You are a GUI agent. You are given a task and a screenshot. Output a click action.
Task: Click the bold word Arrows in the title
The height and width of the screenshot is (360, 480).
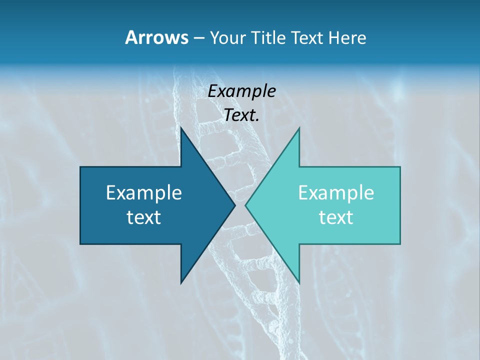pyautogui.click(x=156, y=37)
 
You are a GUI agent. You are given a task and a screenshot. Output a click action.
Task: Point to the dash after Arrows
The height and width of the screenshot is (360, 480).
pyautogui.click(x=198, y=38)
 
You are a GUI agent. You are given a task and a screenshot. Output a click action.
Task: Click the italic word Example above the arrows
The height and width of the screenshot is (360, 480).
pyautogui.click(x=242, y=91)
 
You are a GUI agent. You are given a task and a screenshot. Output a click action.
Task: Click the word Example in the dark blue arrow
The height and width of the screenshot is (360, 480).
pyautogui.click(x=144, y=193)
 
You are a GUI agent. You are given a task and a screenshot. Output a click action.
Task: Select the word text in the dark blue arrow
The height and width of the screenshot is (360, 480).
pyautogui.click(x=144, y=217)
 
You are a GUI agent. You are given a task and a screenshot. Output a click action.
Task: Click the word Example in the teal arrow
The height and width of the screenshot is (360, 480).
pyautogui.click(x=336, y=193)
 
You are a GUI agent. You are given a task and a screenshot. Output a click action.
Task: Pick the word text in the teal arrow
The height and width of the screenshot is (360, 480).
pyautogui.click(x=336, y=217)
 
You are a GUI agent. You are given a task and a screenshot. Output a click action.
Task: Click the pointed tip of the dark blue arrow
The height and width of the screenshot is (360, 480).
pyautogui.click(x=234, y=205)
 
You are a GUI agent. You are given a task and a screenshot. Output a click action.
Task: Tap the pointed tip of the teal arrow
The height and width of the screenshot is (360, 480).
pyautogui.click(x=245, y=205)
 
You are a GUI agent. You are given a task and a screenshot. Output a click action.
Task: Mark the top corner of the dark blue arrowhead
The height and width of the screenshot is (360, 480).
pyautogui.click(x=181, y=128)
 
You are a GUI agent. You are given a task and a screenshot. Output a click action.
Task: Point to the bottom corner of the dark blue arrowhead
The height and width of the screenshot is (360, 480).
pyautogui.click(x=181, y=283)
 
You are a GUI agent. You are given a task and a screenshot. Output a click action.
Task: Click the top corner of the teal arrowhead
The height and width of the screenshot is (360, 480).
pyautogui.click(x=299, y=128)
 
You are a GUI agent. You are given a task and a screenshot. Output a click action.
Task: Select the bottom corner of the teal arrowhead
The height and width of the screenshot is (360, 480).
pyautogui.click(x=299, y=283)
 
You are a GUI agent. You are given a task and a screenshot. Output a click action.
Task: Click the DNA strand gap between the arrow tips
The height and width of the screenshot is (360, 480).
pyautogui.click(x=240, y=205)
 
